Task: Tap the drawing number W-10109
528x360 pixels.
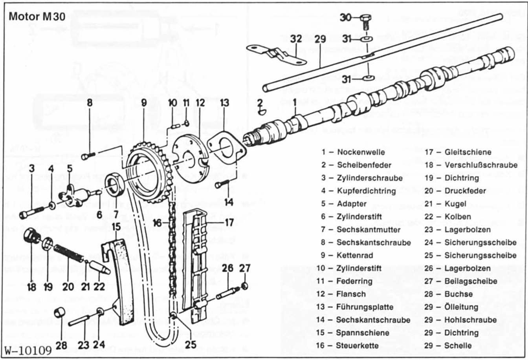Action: tap(28, 350)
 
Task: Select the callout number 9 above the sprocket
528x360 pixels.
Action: tap(144, 103)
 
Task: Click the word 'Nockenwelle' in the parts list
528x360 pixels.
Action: tap(361, 152)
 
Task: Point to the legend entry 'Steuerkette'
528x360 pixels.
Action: tap(357, 346)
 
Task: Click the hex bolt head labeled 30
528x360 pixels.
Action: tap(364, 18)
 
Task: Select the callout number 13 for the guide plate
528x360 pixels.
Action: tap(224, 103)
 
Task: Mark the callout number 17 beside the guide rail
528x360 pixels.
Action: tap(229, 223)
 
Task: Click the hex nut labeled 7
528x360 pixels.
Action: tap(115, 185)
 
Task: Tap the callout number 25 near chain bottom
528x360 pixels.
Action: tap(191, 345)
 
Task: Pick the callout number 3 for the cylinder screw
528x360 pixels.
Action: tap(32, 168)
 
